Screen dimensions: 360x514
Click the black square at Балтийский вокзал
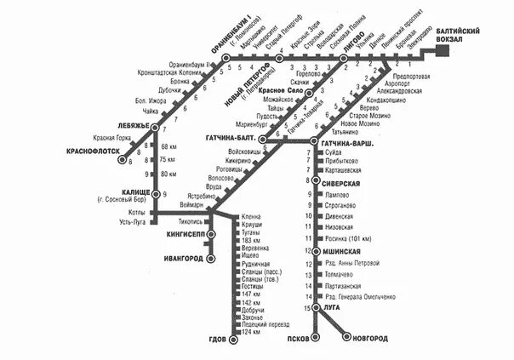(x=443, y=51)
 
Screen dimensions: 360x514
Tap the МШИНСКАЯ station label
(x=341, y=252)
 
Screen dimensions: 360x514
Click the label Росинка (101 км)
(x=346, y=240)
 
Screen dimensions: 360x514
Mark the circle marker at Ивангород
(x=210, y=257)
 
